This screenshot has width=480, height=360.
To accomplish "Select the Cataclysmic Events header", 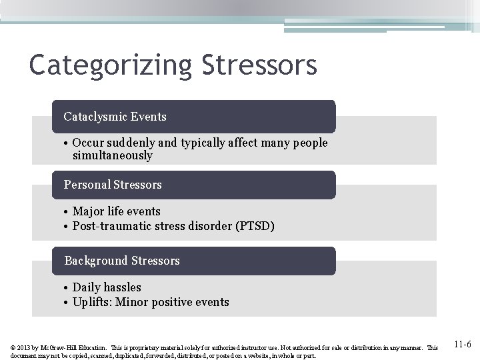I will pyautogui.click(x=115, y=117).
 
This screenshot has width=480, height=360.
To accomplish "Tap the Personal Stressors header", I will pyautogui.click(x=113, y=185).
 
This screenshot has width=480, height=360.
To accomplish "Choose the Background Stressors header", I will pyautogui.click(x=122, y=261).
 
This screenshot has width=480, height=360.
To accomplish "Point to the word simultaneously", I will pyautogui.click(x=113, y=156).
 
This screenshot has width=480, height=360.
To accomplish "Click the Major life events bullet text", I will pyautogui.click(x=117, y=211).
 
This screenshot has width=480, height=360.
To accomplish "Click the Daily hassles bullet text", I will pyautogui.click(x=107, y=287).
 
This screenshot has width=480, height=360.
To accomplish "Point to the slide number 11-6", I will pyautogui.click(x=462, y=345).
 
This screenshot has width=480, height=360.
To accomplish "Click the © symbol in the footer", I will pyautogui.click(x=14, y=347).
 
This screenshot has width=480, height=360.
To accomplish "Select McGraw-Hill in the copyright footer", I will pyautogui.click(x=59, y=347).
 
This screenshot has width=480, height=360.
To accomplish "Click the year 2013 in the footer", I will pyautogui.click(x=25, y=347).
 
